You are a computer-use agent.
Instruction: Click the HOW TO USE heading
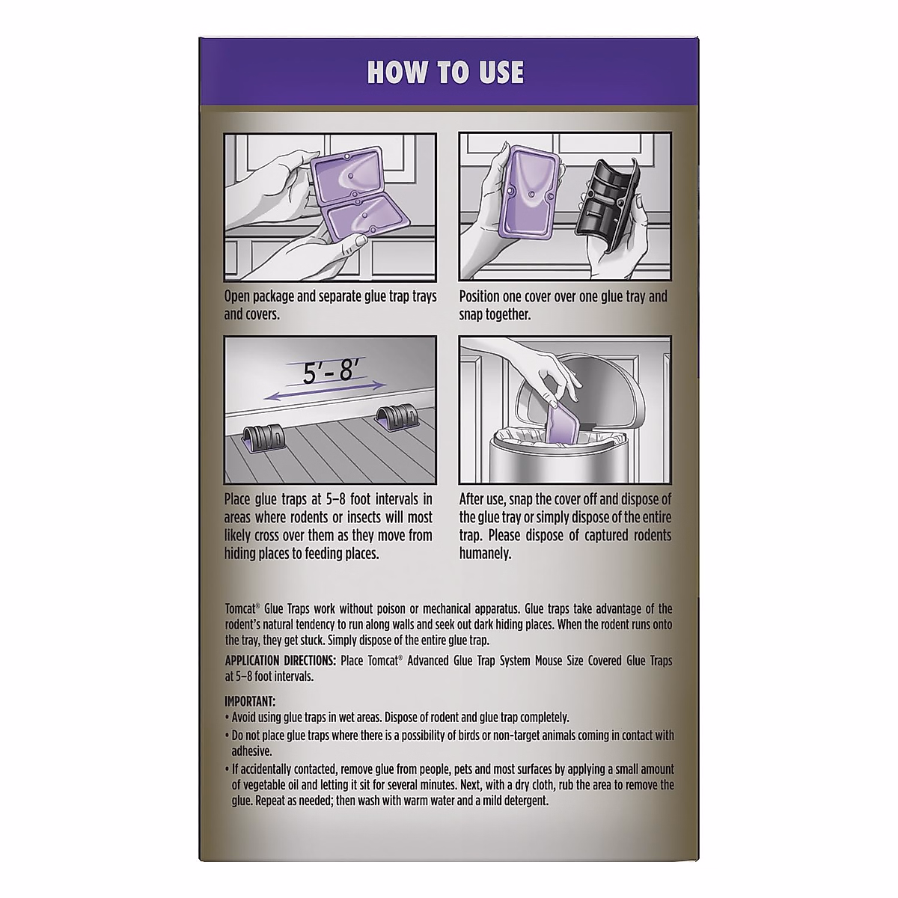coord(445,73)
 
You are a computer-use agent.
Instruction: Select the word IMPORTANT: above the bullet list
coord(251,701)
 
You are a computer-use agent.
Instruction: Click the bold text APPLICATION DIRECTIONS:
coord(281,661)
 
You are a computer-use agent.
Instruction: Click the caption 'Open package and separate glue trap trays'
coord(330,296)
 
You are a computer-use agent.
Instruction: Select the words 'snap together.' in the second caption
coord(495,314)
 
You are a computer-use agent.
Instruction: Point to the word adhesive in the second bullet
coord(251,751)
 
